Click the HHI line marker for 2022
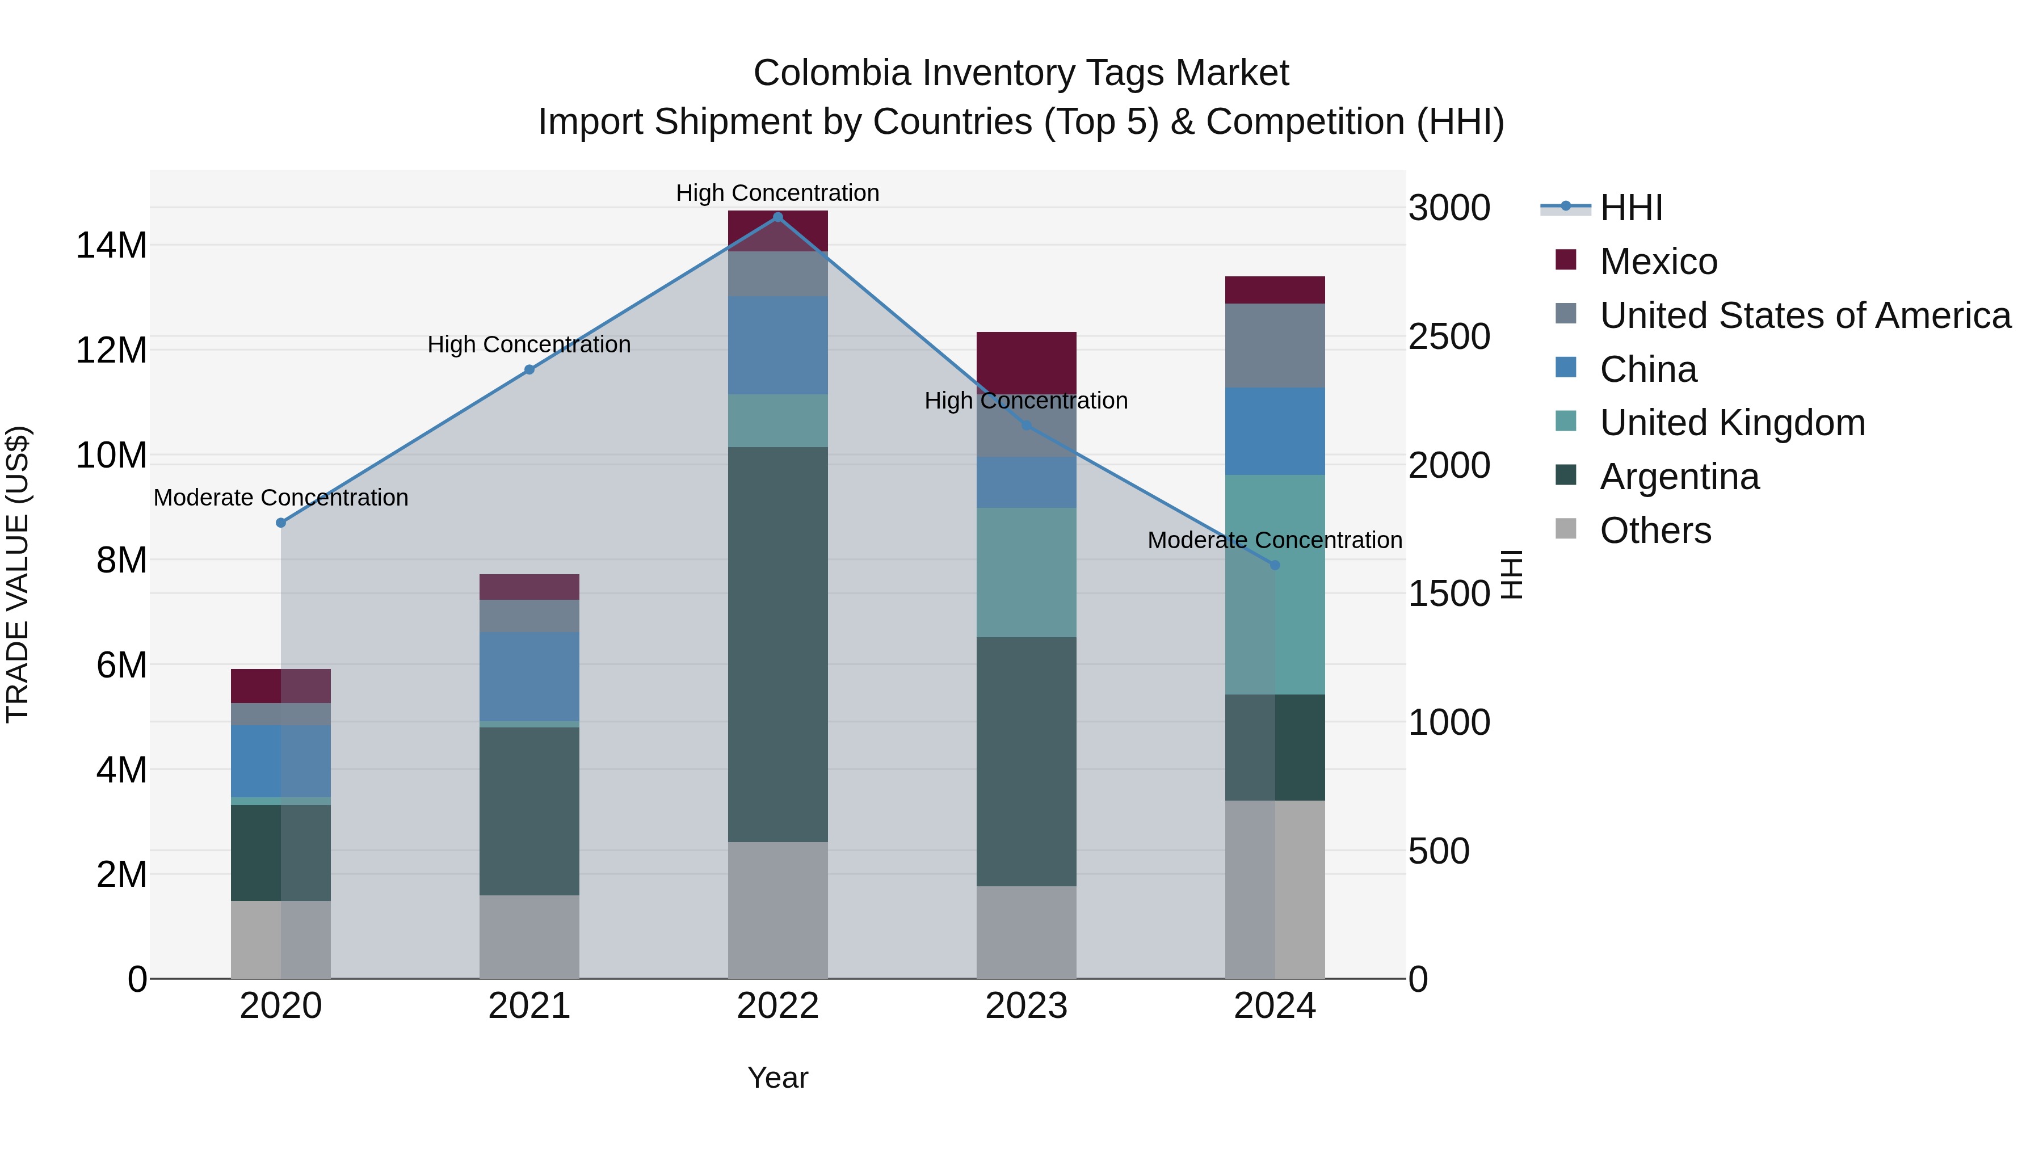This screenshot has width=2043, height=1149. click(x=777, y=217)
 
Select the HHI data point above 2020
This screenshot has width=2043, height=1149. click(x=281, y=523)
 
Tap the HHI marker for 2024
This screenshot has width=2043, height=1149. click(x=1275, y=565)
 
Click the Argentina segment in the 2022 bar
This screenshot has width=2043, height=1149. click(x=777, y=644)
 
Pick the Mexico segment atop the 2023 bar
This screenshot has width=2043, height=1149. click(x=1025, y=361)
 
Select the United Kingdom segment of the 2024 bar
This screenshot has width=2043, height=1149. click(x=1275, y=584)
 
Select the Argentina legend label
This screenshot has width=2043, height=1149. click(x=1679, y=477)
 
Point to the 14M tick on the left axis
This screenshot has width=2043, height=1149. click(x=111, y=245)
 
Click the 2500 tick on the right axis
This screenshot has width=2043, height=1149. click(x=1449, y=336)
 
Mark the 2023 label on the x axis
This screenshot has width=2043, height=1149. click(x=1025, y=1006)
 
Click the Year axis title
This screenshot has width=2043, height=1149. click(x=777, y=1078)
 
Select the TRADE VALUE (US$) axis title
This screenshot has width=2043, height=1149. click(x=18, y=574)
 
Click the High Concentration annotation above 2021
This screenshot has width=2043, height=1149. click(x=529, y=345)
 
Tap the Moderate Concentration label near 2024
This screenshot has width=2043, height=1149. click(x=1275, y=540)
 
